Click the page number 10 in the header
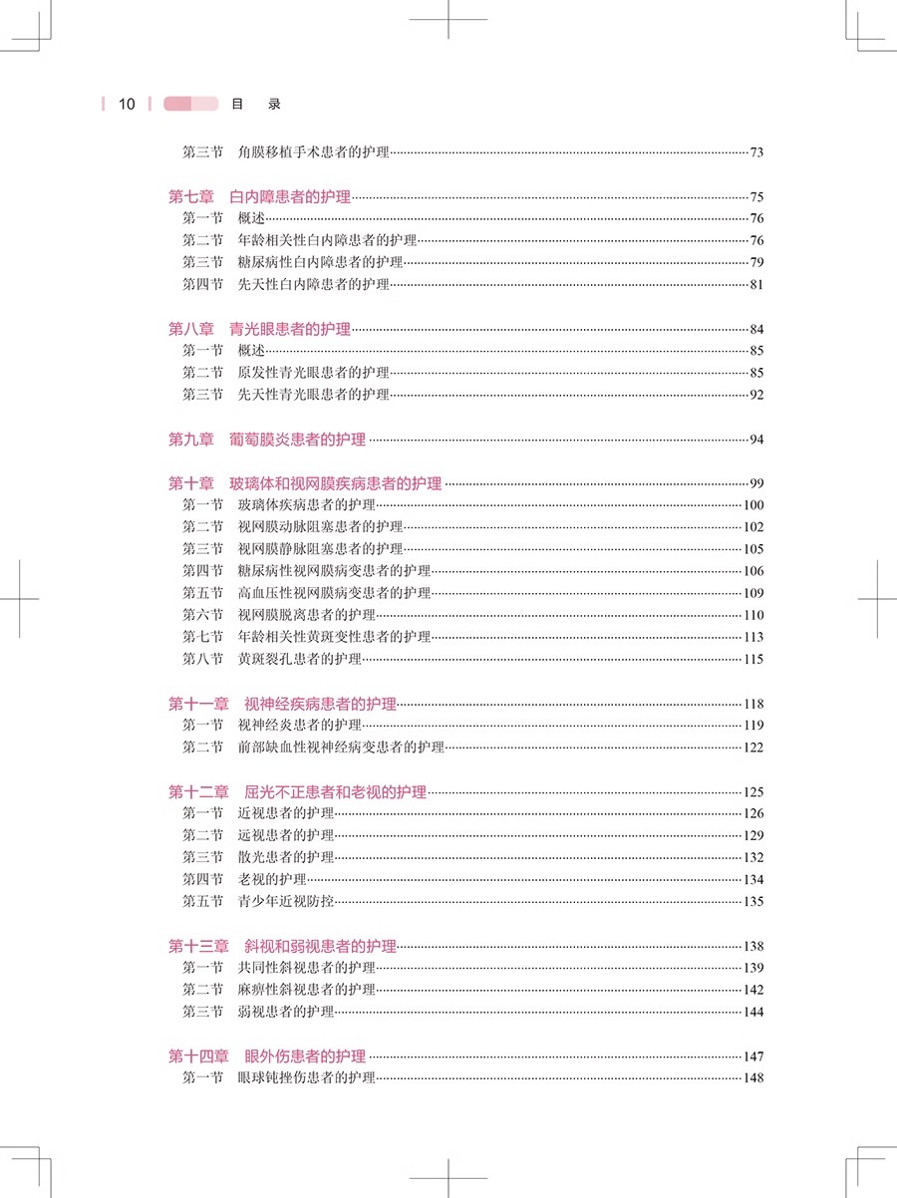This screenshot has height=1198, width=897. point(127,104)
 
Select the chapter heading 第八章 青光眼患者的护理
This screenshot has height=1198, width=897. point(259,329)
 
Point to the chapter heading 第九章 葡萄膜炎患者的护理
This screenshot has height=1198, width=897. point(266,440)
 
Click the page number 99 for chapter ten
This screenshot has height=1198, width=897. point(755,483)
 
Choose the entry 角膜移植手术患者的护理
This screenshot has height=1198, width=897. point(313,153)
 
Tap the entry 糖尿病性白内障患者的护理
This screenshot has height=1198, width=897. point(320,263)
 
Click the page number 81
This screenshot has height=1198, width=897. point(755,286)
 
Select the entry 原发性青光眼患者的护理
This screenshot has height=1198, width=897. point(313,374)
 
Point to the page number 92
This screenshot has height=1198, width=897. point(755,396)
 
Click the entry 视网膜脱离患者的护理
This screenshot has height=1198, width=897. point(306,615)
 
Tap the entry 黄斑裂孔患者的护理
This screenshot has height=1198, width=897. point(299,660)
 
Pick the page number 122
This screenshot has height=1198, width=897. point(752,748)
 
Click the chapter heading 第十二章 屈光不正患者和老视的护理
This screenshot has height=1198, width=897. point(297,792)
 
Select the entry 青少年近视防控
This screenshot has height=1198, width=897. point(286,902)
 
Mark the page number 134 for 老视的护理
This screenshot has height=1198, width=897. point(752,880)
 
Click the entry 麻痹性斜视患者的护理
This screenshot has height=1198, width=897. point(306,990)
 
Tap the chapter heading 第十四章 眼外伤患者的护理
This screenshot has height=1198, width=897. point(266,1056)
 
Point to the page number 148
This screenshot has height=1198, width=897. point(752,1078)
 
